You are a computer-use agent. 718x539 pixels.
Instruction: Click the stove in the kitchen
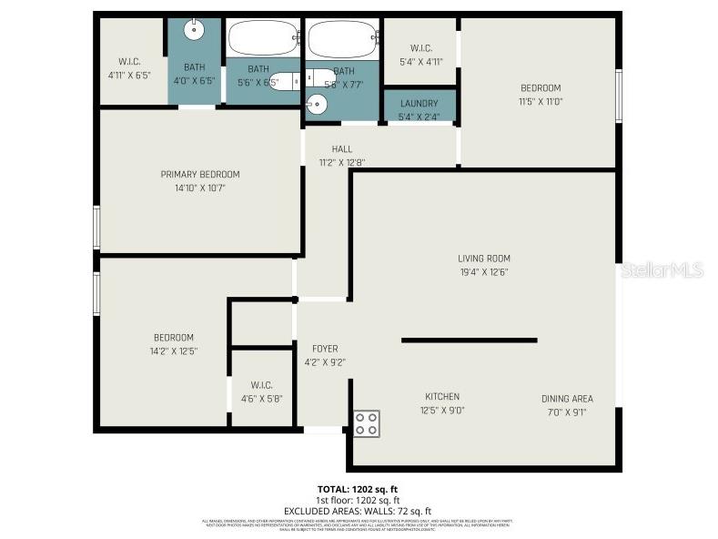click(x=367, y=422)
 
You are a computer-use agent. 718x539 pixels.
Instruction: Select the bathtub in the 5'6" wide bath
click(x=263, y=39)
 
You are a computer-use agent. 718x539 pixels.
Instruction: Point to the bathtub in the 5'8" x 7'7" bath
click(x=342, y=40)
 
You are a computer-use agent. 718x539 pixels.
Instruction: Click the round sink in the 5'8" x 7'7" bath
click(x=317, y=103)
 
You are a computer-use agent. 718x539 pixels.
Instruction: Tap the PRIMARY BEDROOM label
click(x=200, y=174)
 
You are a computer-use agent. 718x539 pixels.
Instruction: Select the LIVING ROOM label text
click(x=484, y=258)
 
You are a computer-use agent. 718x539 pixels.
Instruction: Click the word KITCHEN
click(x=442, y=396)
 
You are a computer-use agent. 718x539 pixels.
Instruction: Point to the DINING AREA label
click(x=567, y=398)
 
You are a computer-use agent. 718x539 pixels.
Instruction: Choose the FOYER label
click(x=325, y=349)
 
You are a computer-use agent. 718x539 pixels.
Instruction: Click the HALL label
click(x=341, y=149)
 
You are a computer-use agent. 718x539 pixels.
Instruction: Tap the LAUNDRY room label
click(x=419, y=103)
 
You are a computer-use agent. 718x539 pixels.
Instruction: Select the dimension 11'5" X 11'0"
click(x=541, y=101)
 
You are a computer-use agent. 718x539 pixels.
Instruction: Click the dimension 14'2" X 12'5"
click(x=173, y=351)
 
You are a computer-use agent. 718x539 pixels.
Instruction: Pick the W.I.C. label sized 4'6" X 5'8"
click(x=261, y=385)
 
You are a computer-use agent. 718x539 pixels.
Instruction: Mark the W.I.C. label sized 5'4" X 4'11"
click(x=420, y=48)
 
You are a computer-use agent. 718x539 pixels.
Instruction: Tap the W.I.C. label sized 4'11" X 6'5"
click(x=129, y=62)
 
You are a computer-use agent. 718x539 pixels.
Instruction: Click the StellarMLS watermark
click(x=662, y=270)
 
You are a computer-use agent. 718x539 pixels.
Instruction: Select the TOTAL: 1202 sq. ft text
click(x=358, y=489)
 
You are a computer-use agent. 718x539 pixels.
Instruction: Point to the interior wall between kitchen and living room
click(x=469, y=341)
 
